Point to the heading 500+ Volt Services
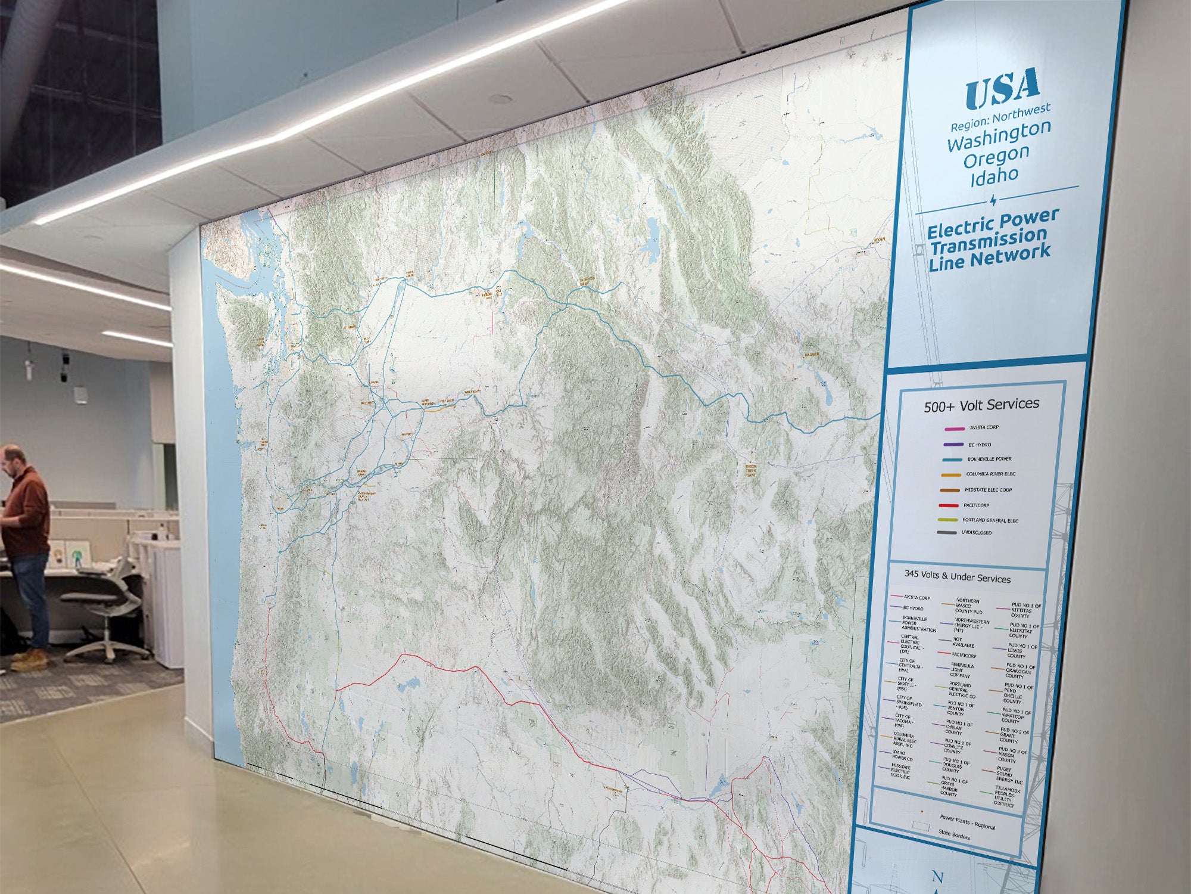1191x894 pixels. [x=981, y=405]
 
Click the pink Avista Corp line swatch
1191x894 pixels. [x=954, y=429]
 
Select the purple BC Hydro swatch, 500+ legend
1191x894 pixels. [x=953, y=445]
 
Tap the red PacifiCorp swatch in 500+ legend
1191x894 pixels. [x=948, y=505]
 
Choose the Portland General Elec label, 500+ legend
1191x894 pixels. [x=990, y=520]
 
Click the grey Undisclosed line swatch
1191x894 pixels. [x=946, y=533]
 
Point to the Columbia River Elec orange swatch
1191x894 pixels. [x=950, y=475]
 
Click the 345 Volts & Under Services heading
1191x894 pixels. [x=957, y=576]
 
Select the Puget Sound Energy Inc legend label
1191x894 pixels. [x=1009, y=775]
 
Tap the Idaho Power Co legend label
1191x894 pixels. [x=902, y=756]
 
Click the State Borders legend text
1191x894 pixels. [x=954, y=835]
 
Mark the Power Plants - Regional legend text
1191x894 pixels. [x=967, y=822]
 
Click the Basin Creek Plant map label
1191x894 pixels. [x=750, y=471]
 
